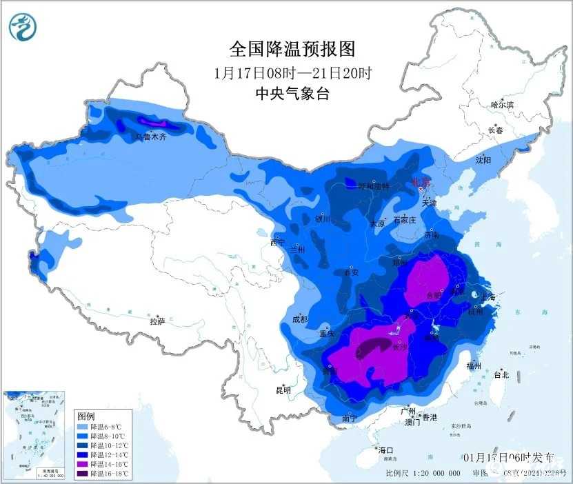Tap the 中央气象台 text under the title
pos(292,94)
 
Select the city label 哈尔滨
pos(502,105)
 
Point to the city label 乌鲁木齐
pos(150,137)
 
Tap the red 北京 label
pos(421,183)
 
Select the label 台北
pos(501,375)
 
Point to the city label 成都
pos(299,319)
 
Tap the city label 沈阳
pos(483,160)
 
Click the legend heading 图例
pos(86,416)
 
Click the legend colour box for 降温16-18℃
pos(81,473)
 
